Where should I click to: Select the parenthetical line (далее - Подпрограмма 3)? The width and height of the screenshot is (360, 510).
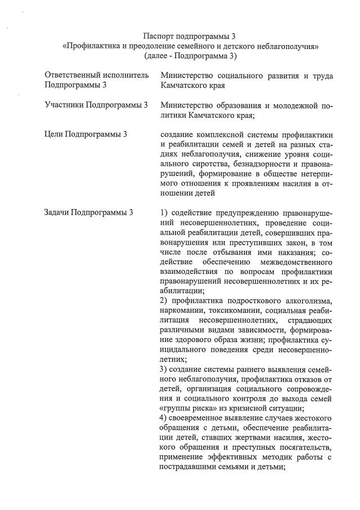[190, 56]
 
